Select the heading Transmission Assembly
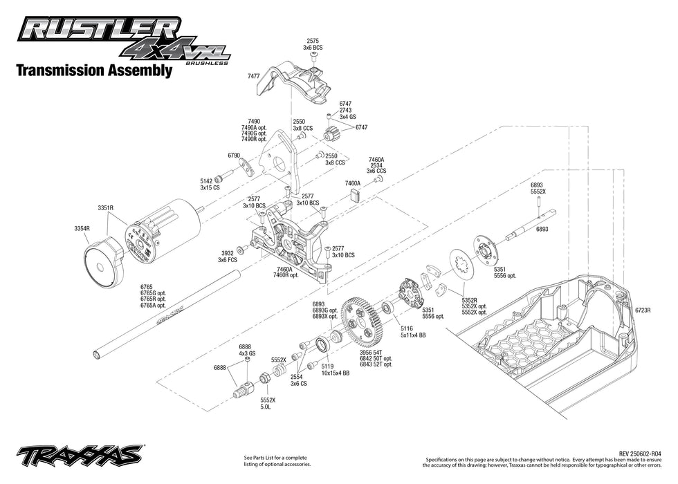click(x=93, y=71)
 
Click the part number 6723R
click(x=643, y=310)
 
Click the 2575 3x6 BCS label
click(x=313, y=44)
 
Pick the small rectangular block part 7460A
click(x=357, y=195)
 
